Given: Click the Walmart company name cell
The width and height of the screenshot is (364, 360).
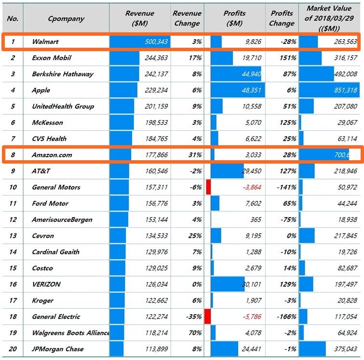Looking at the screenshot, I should click(x=45, y=42).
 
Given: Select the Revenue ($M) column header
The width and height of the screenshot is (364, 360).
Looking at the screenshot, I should click(x=140, y=18).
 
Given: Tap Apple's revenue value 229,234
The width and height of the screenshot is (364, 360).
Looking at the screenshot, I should click(x=155, y=90).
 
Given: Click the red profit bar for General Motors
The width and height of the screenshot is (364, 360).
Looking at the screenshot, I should click(x=208, y=187).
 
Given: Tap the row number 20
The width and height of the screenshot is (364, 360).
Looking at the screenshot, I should click(x=13, y=349).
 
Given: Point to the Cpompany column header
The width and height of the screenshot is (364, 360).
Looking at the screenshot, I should click(x=66, y=19).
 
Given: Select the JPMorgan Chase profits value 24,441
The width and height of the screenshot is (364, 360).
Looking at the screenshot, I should click(x=249, y=349).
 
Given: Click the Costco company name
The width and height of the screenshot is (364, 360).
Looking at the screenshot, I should click(x=42, y=268).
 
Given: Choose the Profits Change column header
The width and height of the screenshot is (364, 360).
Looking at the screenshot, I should click(x=282, y=18).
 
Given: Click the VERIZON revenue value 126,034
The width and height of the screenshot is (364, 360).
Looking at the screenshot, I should click(x=155, y=284).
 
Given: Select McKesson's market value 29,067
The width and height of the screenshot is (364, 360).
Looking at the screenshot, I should click(x=344, y=123).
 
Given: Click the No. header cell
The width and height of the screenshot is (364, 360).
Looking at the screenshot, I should click(x=13, y=19).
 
